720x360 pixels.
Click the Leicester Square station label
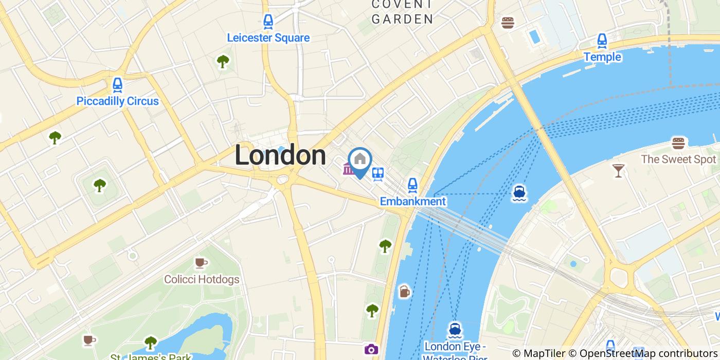[x=268, y=38]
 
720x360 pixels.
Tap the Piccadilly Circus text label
[x=117, y=101]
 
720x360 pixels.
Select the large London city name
[x=280, y=155]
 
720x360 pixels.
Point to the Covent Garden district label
[x=402, y=12]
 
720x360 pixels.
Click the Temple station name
[x=602, y=57]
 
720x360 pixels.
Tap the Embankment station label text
[x=412, y=201]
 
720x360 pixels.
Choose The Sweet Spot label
[x=678, y=159]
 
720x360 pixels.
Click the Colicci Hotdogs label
[x=202, y=280]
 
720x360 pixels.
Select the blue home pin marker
[x=360, y=161]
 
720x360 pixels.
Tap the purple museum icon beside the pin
[x=349, y=168]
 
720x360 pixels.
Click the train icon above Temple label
[x=602, y=41]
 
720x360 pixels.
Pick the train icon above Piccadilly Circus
[x=117, y=84]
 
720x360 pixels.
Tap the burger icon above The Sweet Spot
[x=678, y=143]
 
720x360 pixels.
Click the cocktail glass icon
[x=618, y=170]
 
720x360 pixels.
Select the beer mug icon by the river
[x=405, y=292]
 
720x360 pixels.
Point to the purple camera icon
[x=371, y=350]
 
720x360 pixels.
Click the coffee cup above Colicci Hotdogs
[x=201, y=263]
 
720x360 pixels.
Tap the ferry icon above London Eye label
[x=454, y=329]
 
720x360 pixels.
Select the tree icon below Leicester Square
[x=223, y=62]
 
